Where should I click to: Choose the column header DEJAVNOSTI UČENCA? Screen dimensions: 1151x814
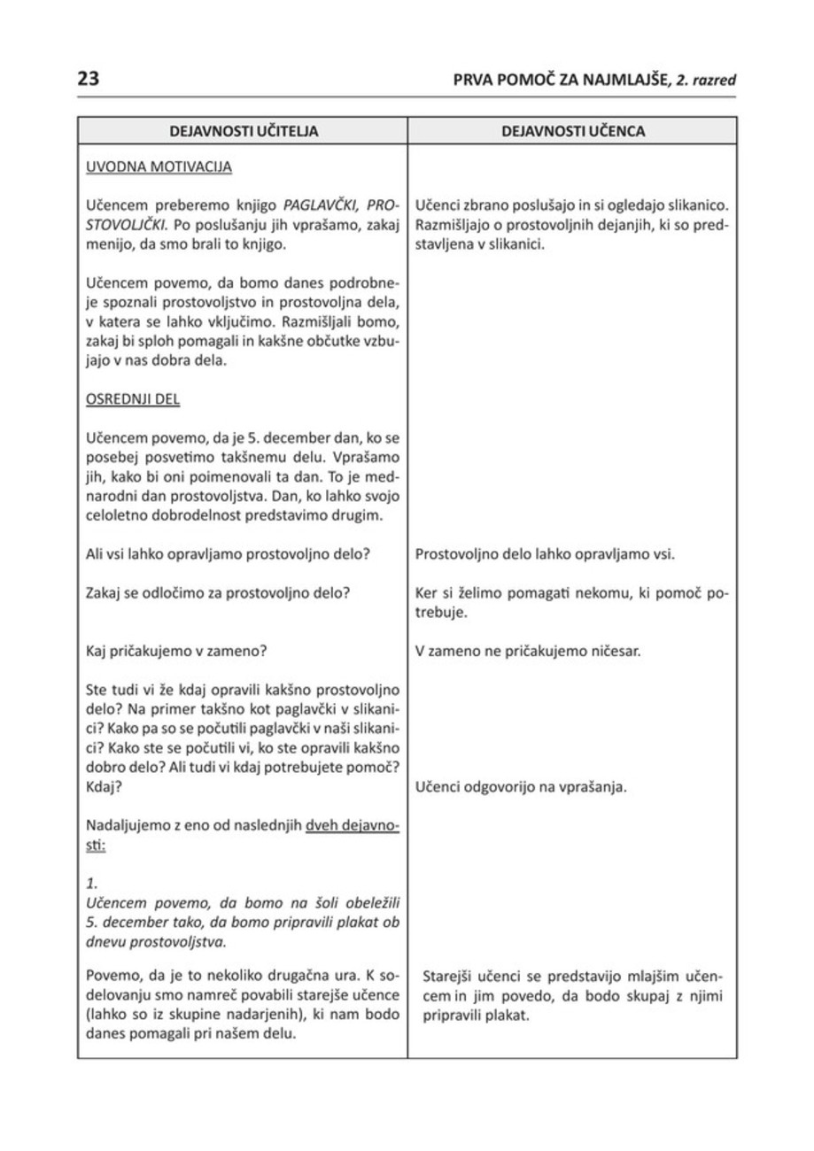pyautogui.click(x=572, y=132)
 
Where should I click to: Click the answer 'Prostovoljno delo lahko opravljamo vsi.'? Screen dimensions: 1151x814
pyautogui.click(x=546, y=555)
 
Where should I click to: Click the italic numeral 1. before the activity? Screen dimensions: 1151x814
pyautogui.click(x=90, y=884)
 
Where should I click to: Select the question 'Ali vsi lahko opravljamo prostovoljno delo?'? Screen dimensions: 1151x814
pyautogui.click(x=227, y=555)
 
